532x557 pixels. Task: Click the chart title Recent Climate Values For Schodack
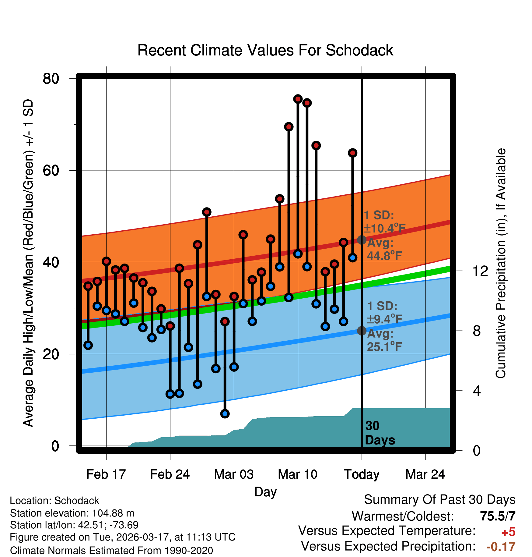[x=265, y=50]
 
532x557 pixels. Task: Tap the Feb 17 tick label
[x=106, y=474]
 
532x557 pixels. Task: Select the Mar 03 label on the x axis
[x=234, y=474]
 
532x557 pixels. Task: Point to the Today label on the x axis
[x=362, y=474]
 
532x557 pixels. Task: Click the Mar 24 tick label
[x=425, y=474]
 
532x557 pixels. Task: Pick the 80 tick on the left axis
[x=51, y=79]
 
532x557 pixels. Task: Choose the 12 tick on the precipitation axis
[x=480, y=271]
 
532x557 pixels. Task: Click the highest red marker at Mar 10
[x=298, y=99]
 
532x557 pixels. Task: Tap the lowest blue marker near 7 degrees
[x=225, y=413]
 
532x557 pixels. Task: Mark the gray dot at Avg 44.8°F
[x=362, y=240]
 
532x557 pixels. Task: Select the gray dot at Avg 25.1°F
[x=362, y=331]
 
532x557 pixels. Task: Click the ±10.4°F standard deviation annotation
[x=384, y=228]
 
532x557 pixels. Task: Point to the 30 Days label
[x=380, y=433]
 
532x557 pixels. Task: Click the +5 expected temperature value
[x=508, y=532]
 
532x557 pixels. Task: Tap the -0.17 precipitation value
[x=501, y=547]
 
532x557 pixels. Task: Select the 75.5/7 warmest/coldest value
[x=498, y=516]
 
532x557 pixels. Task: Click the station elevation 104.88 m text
[x=72, y=513]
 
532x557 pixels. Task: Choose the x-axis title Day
[x=265, y=492]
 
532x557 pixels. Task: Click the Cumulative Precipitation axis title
[x=501, y=263]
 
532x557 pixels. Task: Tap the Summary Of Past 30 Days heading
[x=439, y=500]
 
